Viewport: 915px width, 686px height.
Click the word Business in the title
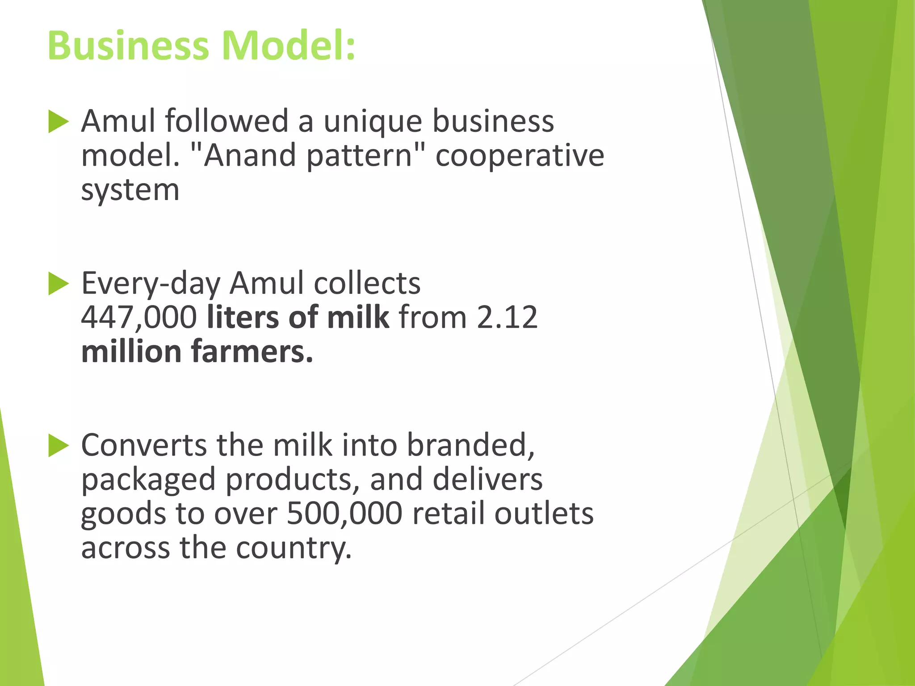click(x=128, y=46)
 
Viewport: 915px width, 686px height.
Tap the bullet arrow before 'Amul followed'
click(x=58, y=121)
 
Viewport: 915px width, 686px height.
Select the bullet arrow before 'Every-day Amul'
click(x=58, y=284)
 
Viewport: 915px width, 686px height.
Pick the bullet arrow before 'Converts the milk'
click(x=58, y=445)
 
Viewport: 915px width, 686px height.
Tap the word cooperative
click(x=520, y=156)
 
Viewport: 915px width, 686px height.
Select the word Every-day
click(x=151, y=284)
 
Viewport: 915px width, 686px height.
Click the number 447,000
click(x=139, y=318)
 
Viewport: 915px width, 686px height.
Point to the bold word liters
click(x=243, y=318)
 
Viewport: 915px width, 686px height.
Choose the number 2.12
click(x=507, y=318)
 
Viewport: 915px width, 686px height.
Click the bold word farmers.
click(x=252, y=352)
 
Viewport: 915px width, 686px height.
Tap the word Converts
click(x=144, y=445)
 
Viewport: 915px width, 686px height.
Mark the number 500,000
click(x=344, y=514)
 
